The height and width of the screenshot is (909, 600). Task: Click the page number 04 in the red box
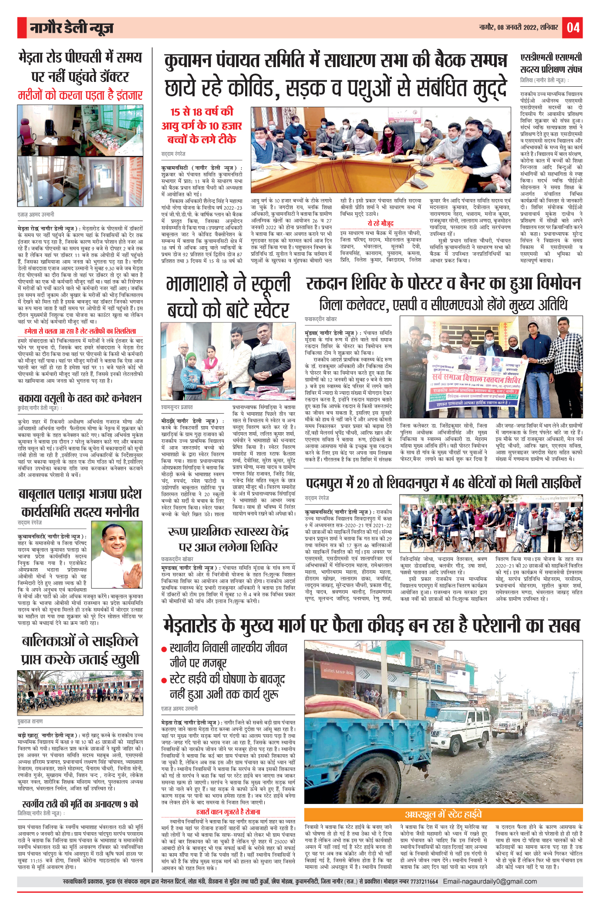[573, 27]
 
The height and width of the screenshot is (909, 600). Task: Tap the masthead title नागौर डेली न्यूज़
[71, 28]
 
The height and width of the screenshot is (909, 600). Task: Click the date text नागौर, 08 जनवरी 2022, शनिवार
[519, 27]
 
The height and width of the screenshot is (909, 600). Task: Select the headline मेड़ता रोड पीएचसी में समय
[81, 58]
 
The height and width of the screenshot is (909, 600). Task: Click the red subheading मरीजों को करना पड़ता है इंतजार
[81, 95]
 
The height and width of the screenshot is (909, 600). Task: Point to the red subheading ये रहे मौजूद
[380, 224]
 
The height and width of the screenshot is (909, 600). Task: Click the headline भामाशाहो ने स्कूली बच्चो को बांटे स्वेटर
[228, 297]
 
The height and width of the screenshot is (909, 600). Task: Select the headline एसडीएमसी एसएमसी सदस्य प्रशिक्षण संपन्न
[551, 64]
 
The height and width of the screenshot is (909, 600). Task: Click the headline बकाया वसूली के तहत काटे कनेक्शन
[81, 398]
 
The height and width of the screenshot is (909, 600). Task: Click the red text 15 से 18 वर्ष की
[202, 112]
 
